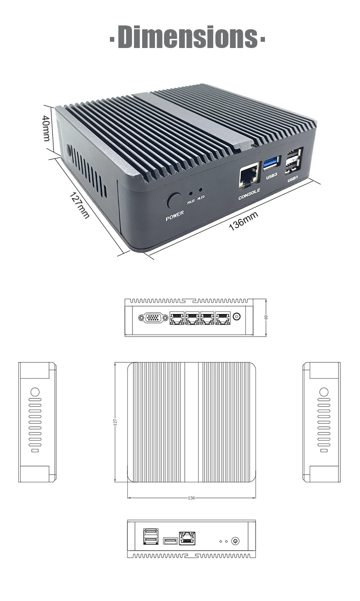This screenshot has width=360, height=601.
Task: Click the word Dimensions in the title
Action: [x=187, y=37]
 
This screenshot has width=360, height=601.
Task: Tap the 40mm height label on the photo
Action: [x=46, y=128]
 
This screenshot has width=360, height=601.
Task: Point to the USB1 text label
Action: [x=293, y=180]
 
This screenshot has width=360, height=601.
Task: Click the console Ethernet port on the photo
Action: [x=248, y=177]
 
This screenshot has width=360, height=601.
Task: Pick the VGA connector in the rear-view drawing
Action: [x=153, y=317]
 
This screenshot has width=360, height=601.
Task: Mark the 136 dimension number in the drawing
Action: [x=192, y=498]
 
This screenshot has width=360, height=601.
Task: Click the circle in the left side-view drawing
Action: [x=35, y=392]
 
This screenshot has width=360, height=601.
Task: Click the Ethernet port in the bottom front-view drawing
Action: [x=186, y=538]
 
